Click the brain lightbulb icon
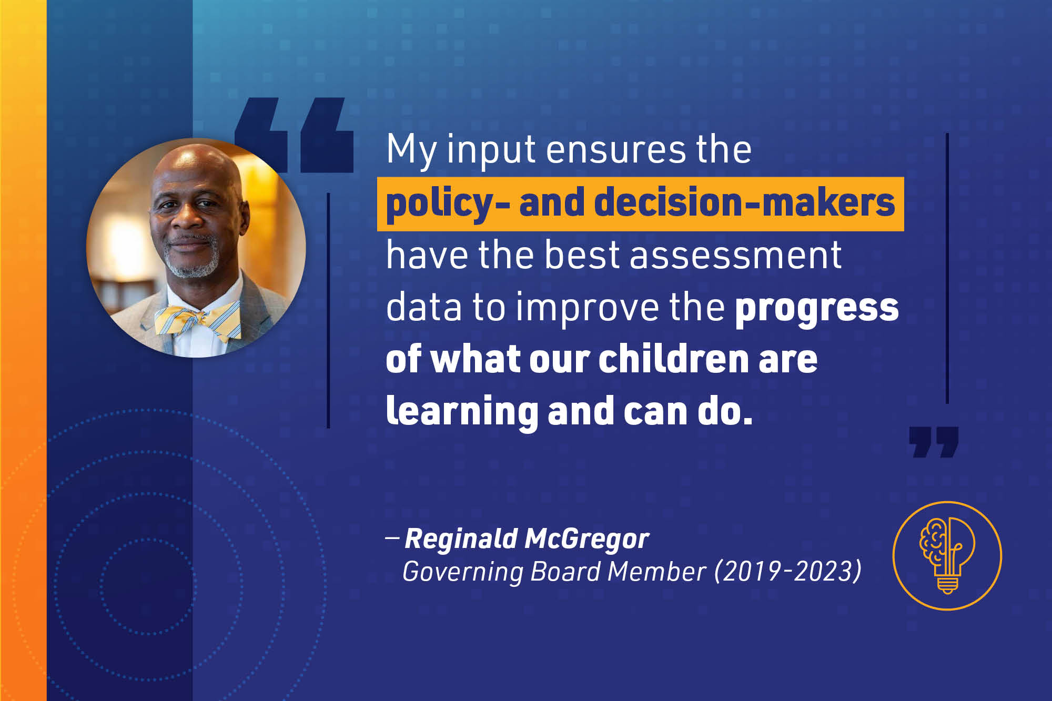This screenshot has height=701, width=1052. [x=947, y=556]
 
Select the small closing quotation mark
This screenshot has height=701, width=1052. [x=934, y=442]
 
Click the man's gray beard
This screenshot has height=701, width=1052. [x=191, y=260]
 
